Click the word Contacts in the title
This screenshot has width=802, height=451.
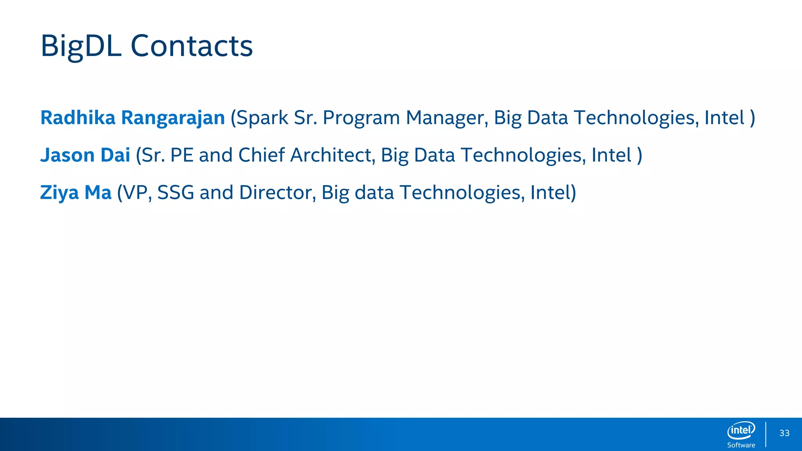coord(191,46)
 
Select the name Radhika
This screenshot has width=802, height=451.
coord(78,118)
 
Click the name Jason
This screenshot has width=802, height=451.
coord(67,155)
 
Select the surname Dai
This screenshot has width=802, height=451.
coord(115,155)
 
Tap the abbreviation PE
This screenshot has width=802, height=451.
coord(182,155)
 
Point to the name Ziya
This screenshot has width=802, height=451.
coord(60,193)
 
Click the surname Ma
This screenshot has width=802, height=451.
coord(98,193)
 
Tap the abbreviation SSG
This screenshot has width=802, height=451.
coord(175,193)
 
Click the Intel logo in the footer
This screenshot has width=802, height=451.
coord(741,430)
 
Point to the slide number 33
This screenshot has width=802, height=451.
coord(784,433)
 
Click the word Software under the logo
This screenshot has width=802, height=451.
coord(741,445)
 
